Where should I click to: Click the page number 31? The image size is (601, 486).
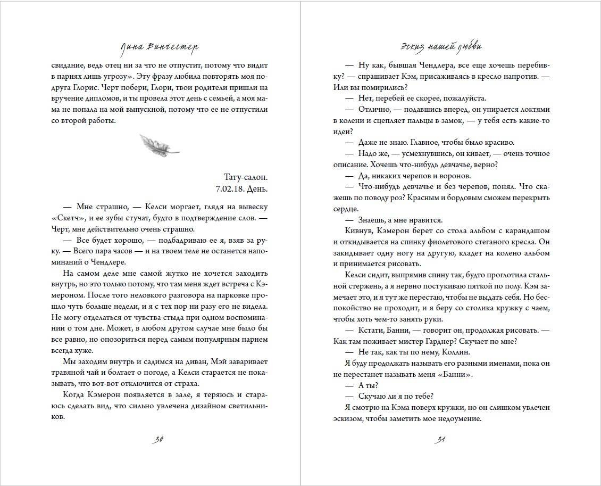click(x=439, y=440)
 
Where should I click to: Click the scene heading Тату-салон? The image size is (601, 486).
click(x=245, y=178)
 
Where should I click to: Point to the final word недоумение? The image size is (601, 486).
click(x=457, y=418)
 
